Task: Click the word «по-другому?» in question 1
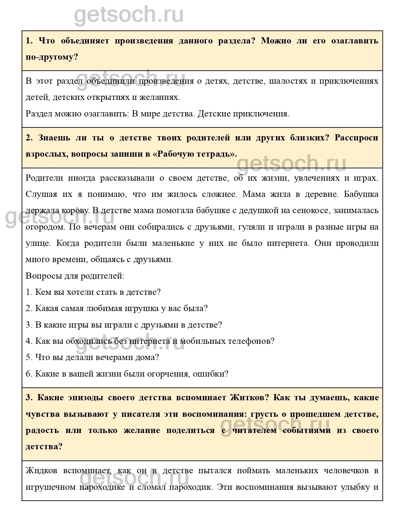52,57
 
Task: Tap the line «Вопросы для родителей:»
75,276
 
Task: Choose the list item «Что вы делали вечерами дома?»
92,357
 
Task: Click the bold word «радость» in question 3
42,430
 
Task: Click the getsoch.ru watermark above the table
129,15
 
